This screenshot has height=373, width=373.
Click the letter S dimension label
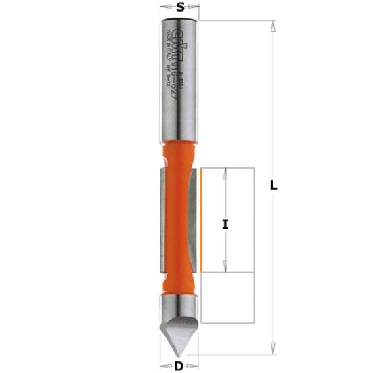point(180,8)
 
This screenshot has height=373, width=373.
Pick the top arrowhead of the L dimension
point(273,25)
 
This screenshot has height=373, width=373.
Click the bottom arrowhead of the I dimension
point(225,269)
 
